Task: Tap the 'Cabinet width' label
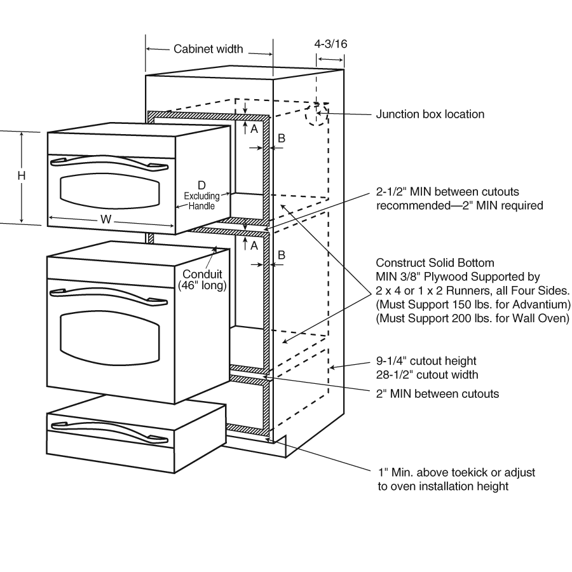point(208,49)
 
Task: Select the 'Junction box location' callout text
point(430,114)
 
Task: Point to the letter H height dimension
point(21,175)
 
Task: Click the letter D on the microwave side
point(201,185)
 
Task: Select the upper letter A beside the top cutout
point(254,128)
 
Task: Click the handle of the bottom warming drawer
point(108,429)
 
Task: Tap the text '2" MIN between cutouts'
point(437,393)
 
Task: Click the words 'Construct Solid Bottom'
point(435,262)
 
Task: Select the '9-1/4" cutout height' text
point(426,361)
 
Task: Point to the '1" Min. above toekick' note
point(455,473)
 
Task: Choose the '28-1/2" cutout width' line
point(427,374)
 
